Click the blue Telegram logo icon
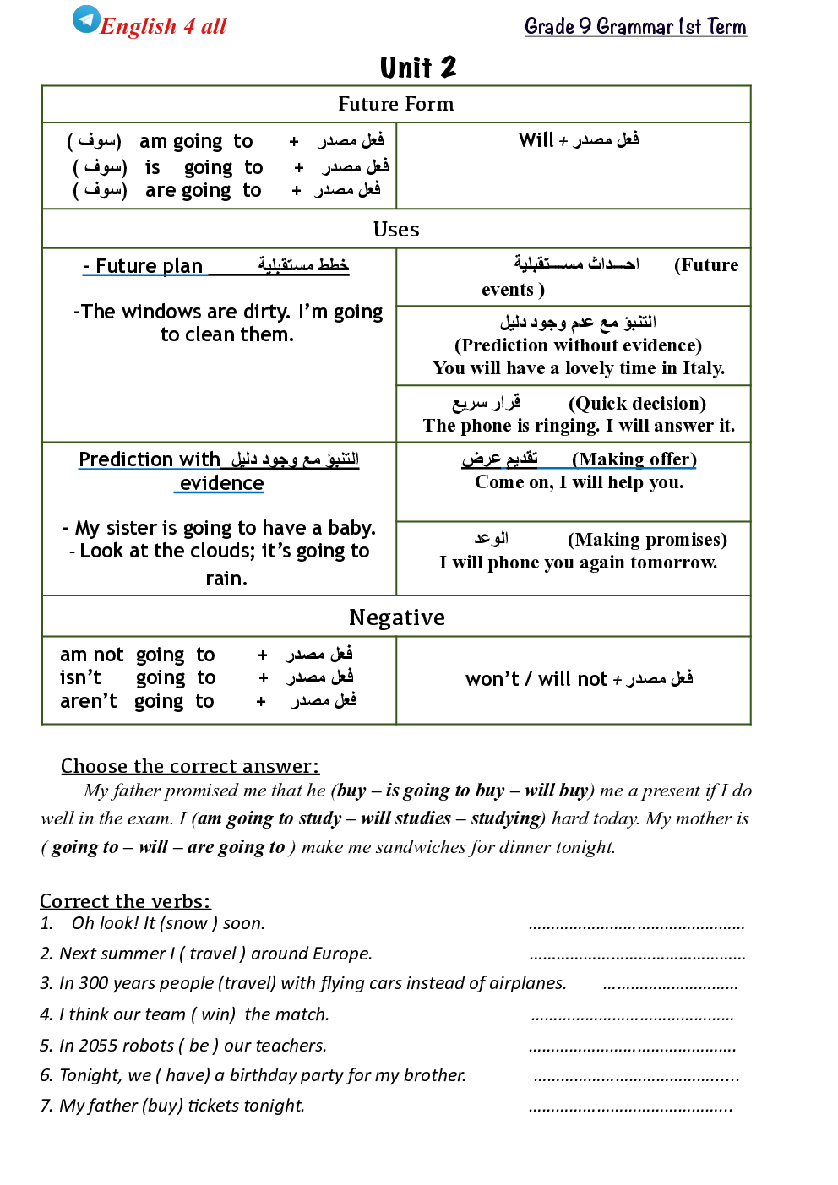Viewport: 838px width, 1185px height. tap(85, 19)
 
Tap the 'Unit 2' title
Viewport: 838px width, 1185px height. tap(417, 68)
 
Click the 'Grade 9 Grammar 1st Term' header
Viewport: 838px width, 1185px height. tap(635, 26)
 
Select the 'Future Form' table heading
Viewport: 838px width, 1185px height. tap(395, 104)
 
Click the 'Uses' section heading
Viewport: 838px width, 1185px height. tap(395, 229)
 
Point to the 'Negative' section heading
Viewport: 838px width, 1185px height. tap(396, 617)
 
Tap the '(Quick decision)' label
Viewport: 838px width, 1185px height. tap(637, 404)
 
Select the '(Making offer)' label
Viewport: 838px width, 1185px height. tap(634, 459)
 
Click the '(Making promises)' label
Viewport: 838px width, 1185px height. tap(647, 540)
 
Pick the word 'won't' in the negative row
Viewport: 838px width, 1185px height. tap(492, 679)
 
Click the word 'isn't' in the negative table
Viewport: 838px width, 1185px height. tap(80, 678)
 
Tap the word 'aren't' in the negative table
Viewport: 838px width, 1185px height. tap(88, 702)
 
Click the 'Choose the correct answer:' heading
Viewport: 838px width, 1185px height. tap(190, 766)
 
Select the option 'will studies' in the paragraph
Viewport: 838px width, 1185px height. tap(405, 818)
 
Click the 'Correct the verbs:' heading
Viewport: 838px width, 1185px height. tap(125, 901)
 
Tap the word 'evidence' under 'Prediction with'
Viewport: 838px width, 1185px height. tap(222, 483)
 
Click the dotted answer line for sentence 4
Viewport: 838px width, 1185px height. tap(632, 1017)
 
